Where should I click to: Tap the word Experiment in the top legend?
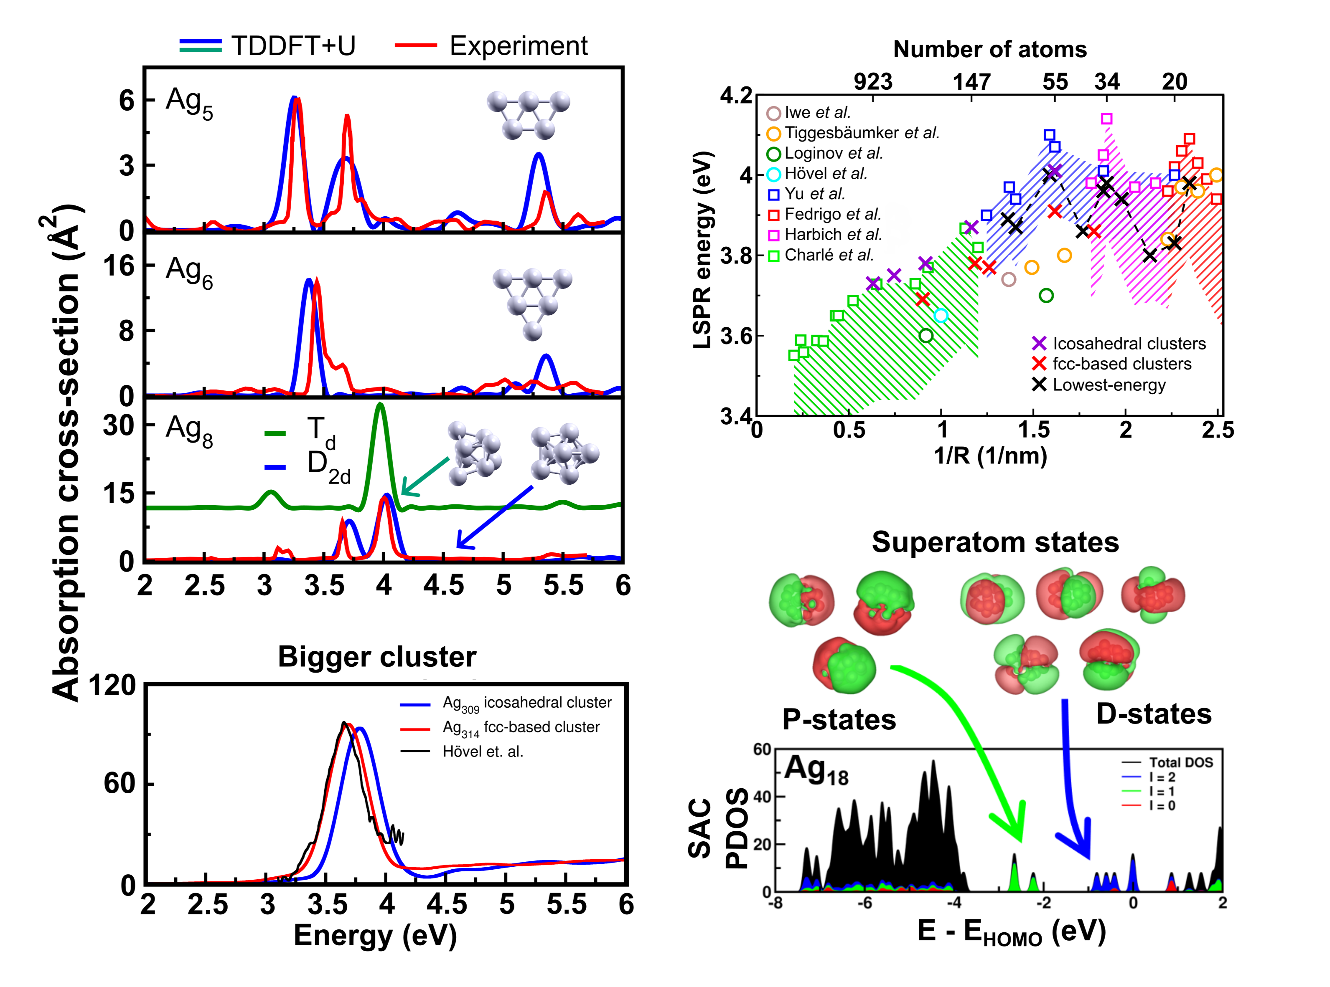pyautogui.click(x=518, y=46)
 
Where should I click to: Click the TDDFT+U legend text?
pyautogui.click(x=293, y=46)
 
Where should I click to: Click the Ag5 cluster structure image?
pyautogui.click(x=529, y=115)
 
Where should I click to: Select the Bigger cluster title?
pyautogui.click(x=377, y=657)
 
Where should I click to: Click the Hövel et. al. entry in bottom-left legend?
pyautogui.click(x=482, y=752)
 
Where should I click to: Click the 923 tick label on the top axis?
pyautogui.click(x=873, y=81)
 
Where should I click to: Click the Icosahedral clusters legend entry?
pyautogui.click(x=1129, y=344)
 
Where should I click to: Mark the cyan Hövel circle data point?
pyautogui.click(x=941, y=316)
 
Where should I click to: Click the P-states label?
pyautogui.click(x=839, y=720)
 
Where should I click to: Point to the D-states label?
pyautogui.click(x=1154, y=714)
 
